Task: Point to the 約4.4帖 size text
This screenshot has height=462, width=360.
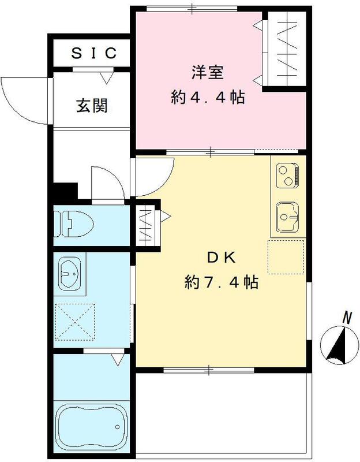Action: [208, 98]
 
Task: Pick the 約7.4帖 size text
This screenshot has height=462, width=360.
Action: [220, 283]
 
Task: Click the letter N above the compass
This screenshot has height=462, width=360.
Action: [347, 317]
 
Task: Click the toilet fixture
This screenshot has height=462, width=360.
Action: [72, 223]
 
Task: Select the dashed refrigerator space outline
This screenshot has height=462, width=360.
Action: [286, 257]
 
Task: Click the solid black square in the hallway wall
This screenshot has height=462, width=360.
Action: [65, 191]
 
